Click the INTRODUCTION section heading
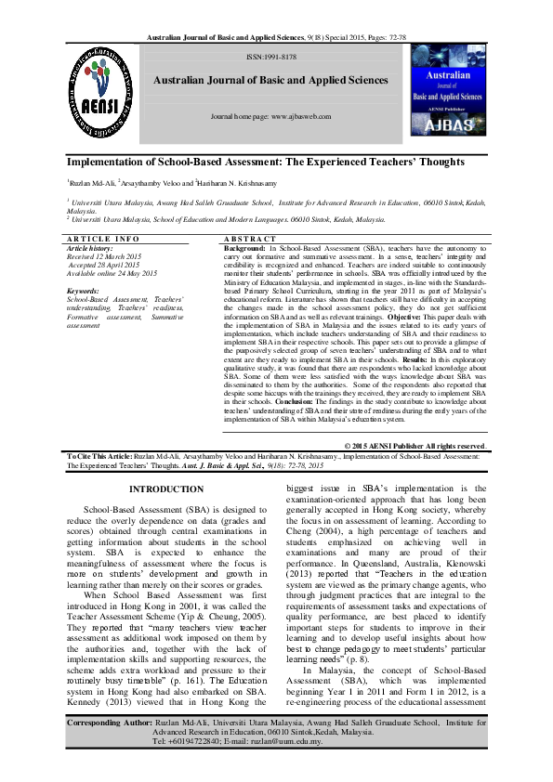[x=165, y=489]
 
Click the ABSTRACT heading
[x=251, y=240]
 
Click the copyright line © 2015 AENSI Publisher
[x=423, y=446]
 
